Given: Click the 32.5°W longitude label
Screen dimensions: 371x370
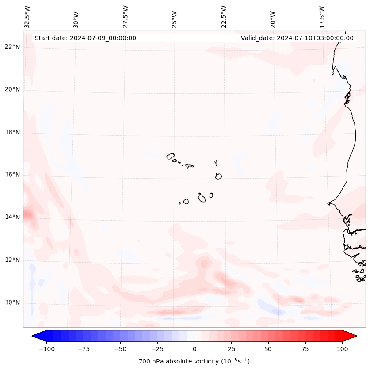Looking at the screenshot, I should pos(27,17).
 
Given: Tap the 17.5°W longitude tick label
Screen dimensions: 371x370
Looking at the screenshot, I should pos(322,17).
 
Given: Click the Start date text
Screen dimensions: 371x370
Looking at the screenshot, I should pos(85,38).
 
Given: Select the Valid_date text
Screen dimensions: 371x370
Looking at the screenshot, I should pos(297,38).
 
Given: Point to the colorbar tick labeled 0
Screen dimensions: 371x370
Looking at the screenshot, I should pos(195,349).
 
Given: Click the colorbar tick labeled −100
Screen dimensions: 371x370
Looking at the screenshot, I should pos(46,349).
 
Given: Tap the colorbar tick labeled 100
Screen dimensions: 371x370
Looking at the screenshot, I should pos(342,349).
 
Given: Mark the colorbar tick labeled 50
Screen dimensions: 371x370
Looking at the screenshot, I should pos(268,349).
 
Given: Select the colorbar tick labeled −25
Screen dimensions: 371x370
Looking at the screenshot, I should pos(157,349).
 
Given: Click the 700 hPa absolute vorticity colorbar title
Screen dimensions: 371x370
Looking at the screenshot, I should pos(195,361).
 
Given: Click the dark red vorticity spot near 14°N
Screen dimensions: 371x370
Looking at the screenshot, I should pos(27,215).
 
